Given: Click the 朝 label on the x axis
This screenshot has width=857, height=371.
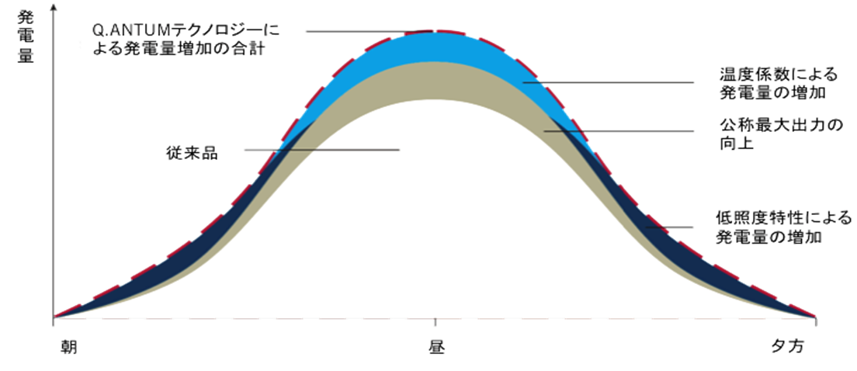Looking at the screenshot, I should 67,346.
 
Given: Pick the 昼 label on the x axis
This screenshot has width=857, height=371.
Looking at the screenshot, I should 435,346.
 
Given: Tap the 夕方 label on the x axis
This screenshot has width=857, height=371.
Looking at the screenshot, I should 788,346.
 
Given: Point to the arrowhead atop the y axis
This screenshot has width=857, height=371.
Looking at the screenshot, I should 53,7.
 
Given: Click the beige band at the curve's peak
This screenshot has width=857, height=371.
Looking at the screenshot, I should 435,81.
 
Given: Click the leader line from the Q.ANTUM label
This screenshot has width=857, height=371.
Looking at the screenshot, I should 365,31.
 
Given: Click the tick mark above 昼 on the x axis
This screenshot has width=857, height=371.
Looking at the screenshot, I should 435,321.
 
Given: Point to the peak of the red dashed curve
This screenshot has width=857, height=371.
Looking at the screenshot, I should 435,30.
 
